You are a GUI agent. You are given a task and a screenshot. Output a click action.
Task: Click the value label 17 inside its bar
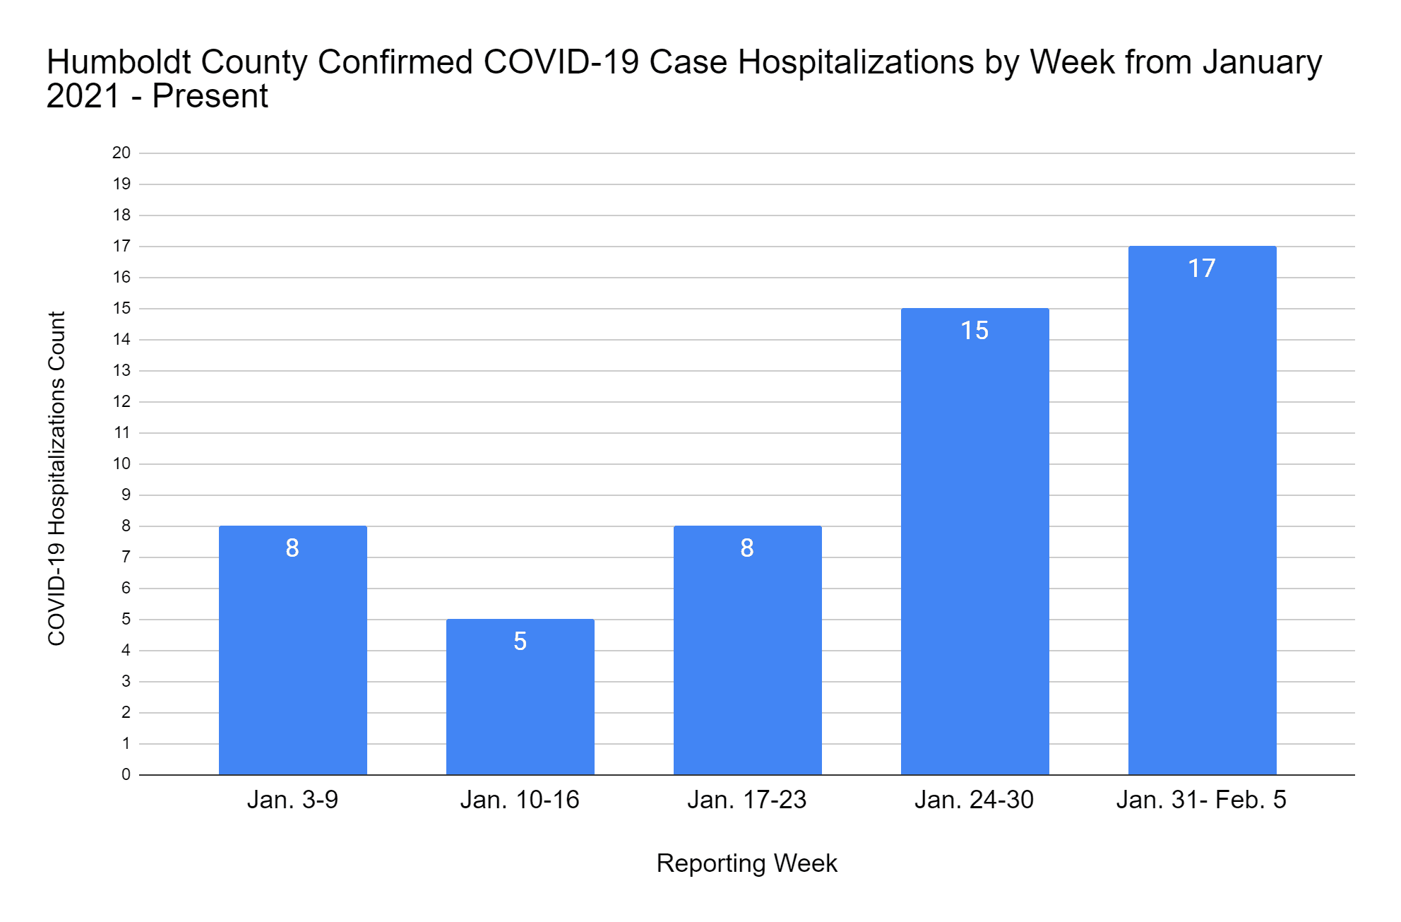[1202, 268]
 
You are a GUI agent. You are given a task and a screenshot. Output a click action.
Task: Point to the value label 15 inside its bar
[974, 331]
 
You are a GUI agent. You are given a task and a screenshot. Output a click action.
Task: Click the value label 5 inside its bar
[520, 642]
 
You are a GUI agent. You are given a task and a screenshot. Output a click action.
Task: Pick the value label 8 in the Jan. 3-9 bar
[292, 548]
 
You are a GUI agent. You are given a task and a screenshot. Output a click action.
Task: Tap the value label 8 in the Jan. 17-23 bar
[747, 548]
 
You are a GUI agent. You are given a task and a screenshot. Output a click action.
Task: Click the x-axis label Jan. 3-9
[292, 800]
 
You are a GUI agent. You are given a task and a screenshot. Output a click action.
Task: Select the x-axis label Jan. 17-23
[747, 800]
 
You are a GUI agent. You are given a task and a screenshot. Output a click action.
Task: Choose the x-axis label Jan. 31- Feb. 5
[1201, 800]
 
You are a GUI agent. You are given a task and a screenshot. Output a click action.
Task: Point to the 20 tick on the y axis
[121, 153]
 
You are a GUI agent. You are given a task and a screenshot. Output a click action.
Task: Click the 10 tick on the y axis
[121, 463]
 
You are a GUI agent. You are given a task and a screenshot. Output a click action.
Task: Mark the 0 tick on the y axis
[126, 774]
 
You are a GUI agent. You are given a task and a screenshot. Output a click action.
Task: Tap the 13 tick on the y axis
[121, 370]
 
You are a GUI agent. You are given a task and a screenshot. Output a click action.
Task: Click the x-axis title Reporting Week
[746, 863]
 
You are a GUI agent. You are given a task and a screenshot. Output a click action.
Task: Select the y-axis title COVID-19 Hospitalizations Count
[56, 478]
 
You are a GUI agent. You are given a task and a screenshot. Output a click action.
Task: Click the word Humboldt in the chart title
[119, 62]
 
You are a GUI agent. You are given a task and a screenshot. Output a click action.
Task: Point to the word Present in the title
[210, 96]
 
